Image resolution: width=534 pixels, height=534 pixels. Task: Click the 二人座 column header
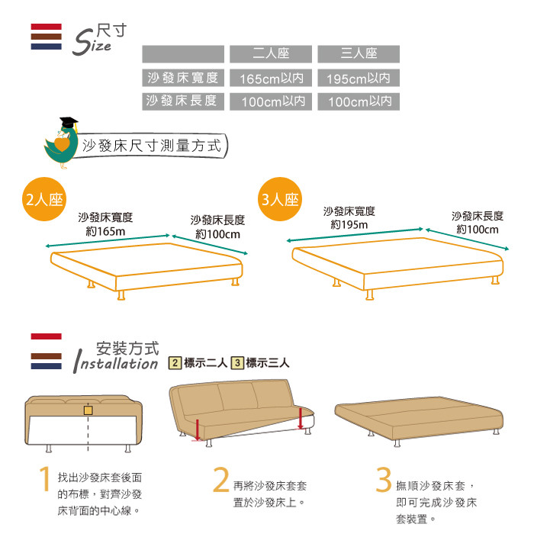271,54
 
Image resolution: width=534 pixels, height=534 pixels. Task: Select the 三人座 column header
359,54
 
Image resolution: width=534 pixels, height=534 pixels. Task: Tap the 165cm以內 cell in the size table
271,78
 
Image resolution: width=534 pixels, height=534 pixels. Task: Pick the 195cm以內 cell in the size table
359,78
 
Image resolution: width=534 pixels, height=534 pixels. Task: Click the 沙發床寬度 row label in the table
183,78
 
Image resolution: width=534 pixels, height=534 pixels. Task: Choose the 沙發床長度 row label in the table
183,101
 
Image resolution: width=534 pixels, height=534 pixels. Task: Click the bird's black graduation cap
69,123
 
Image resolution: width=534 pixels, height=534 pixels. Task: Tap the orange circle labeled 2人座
44,199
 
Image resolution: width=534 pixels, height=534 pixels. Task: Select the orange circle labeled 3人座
280,199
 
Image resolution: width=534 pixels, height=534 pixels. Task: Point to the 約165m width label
105,232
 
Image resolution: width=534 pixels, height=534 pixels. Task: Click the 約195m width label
349,225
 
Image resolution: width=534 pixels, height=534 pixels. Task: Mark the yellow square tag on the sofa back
88,410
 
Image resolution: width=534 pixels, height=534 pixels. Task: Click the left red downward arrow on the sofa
198,429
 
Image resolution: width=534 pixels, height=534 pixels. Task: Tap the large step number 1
44,478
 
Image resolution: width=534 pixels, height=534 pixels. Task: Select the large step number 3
384,480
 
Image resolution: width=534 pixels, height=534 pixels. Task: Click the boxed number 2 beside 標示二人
175,362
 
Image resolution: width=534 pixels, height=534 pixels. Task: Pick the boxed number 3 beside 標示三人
237,362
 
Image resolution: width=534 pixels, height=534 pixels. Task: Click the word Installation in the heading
116,364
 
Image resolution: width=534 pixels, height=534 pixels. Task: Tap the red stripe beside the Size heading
47,27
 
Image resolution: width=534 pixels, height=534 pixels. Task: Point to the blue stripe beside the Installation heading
47,366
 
